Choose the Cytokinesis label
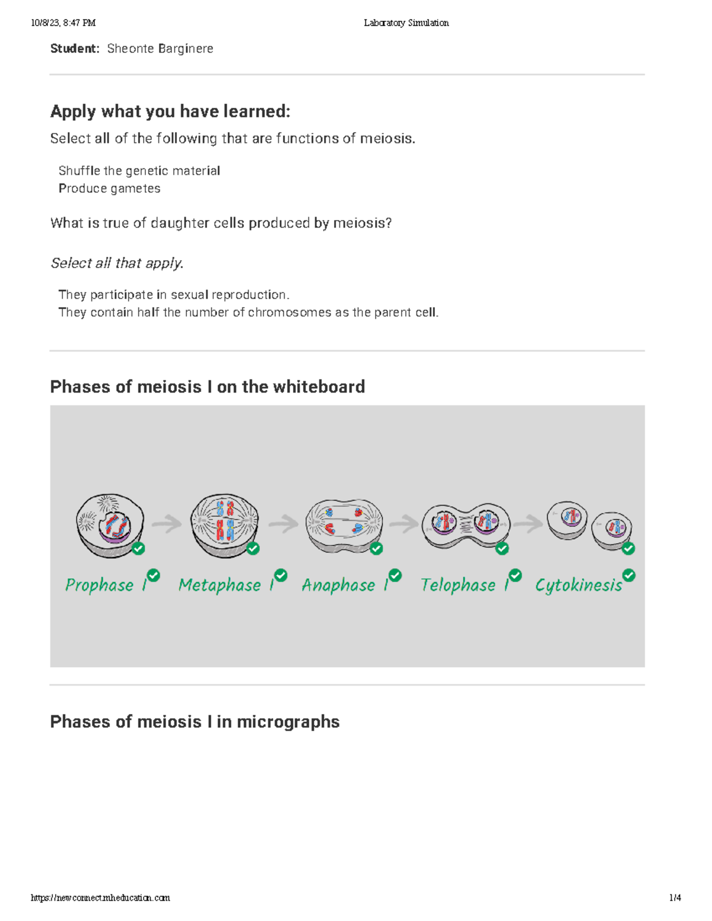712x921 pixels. (x=578, y=585)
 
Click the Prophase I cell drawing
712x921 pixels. (x=110, y=525)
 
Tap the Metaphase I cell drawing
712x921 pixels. (x=224, y=524)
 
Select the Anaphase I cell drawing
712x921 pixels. (x=344, y=524)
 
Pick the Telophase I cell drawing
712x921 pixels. (x=465, y=525)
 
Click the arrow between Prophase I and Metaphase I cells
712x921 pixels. (x=167, y=524)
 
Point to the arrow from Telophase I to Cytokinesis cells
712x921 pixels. (x=528, y=523)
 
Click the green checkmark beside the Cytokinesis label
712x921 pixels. (x=629, y=575)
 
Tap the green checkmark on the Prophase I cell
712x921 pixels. (x=138, y=549)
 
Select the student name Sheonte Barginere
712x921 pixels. (x=160, y=49)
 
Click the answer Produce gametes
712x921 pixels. (x=109, y=189)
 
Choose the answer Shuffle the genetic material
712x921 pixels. (x=139, y=171)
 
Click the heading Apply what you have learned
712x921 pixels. (x=170, y=111)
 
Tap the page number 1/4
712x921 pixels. (x=675, y=897)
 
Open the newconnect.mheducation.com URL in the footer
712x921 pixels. (x=100, y=897)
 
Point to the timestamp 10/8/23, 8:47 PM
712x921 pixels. (x=63, y=23)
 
